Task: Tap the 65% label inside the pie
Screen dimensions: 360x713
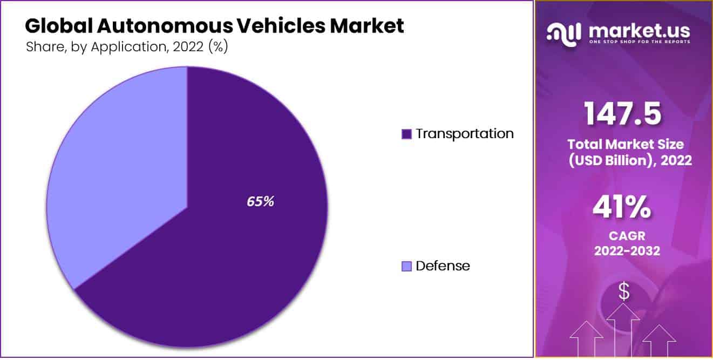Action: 260,201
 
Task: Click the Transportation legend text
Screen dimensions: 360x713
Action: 464,133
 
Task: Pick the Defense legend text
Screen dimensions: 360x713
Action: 443,266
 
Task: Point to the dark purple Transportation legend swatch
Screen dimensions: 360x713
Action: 406,134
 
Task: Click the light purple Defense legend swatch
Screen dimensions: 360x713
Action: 406,266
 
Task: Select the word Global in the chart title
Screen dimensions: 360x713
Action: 57,25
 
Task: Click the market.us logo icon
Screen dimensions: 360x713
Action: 563,33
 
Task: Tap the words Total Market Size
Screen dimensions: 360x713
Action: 625,144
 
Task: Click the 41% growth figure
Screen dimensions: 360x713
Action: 622,208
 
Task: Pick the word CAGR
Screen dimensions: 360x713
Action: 626,236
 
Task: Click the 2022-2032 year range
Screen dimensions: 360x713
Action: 626,251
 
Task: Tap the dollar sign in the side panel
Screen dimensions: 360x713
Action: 624,291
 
